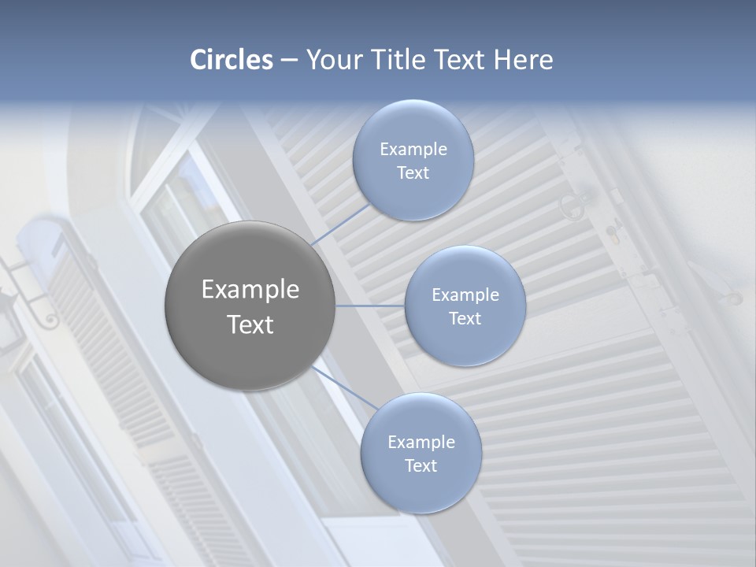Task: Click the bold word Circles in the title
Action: pos(231,60)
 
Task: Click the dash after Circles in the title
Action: pos(288,61)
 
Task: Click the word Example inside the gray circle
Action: pos(250,290)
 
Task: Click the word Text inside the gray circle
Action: pos(250,324)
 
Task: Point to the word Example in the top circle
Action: pos(413,149)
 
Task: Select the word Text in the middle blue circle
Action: pos(465,318)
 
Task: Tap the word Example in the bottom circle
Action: pos(421,442)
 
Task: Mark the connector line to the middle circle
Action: pos(370,306)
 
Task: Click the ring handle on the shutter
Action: pos(573,206)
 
